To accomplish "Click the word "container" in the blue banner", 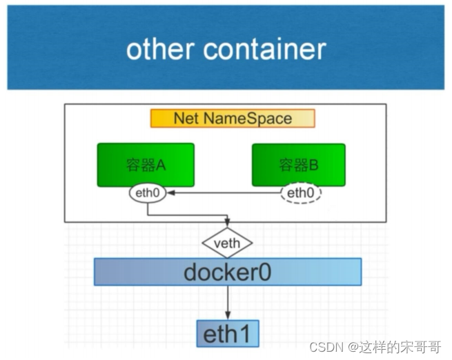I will click(x=266, y=50).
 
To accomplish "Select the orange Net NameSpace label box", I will click(x=233, y=118).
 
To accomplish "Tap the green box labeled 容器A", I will click(x=146, y=164).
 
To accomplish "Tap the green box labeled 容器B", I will click(x=298, y=164).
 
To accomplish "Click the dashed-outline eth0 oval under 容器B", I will click(x=301, y=193).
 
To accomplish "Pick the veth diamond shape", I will click(x=227, y=243).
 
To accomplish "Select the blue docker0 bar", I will click(x=227, y=272).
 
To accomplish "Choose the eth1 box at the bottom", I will click(x=227, y=334).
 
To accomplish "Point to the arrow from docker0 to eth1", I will click(x=227, y=303).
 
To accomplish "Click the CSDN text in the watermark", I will click(x=322, y=348).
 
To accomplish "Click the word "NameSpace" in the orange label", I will click(x=257, y=118).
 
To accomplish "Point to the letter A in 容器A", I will click(x=160, y=165).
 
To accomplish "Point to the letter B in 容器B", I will click(x=313, y=165).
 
